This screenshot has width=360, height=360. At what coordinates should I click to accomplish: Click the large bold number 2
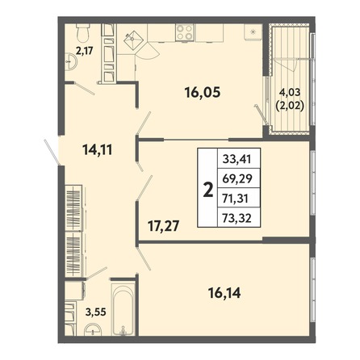point(208,190)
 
